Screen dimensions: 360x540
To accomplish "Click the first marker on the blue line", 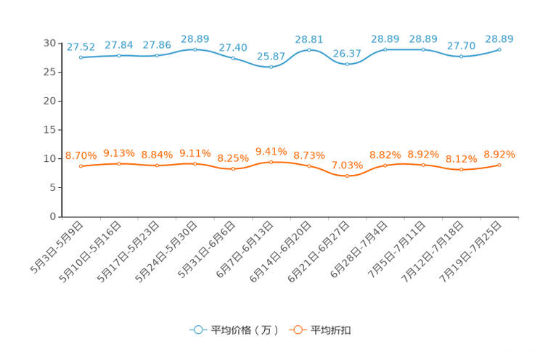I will tap(81, 57).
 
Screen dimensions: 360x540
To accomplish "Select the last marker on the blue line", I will tap(499, 49).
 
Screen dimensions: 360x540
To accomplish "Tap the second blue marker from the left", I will tap(119, 55).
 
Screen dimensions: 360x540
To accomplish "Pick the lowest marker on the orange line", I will tap(347, 176).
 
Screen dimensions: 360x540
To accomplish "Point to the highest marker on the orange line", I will tap(271, 162).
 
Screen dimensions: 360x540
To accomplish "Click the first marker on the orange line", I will tap(81, 166).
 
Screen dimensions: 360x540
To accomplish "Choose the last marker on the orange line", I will tap(499, 165).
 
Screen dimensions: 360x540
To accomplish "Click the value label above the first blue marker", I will tap(81, 47).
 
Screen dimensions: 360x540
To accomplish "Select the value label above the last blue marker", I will tap(499, 38).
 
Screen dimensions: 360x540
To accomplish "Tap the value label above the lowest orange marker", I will tap(347, 165).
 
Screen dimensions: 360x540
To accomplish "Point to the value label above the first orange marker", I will tap(81, 155).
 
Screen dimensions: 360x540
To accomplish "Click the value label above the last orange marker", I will tap(499, 154).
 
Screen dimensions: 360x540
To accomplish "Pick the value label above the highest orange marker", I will tap(271, 151).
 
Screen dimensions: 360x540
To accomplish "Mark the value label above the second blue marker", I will tap(119, 45).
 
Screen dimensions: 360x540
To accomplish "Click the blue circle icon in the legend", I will tap(197, 330).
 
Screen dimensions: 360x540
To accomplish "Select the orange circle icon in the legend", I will tap(297, 330).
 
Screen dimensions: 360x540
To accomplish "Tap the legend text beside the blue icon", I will tap(245, 330).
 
